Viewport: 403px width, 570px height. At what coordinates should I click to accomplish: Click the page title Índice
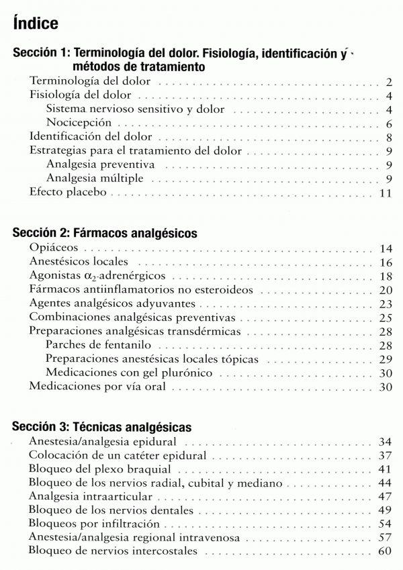coord(35,24)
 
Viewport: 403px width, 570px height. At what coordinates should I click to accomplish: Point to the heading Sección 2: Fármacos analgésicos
coord(105,234)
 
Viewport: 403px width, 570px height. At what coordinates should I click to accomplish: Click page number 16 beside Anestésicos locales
coord(385,262)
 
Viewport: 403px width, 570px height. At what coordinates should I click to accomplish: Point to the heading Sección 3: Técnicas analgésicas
coord(102,426)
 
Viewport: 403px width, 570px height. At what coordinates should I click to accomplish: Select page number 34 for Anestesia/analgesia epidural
coord(384,442)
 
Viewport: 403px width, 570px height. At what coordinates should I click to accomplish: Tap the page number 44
coord(384,483)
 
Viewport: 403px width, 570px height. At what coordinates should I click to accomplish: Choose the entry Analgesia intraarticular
coord(91,497)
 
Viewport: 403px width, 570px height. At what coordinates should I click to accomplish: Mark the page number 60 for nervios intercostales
coord(384,552)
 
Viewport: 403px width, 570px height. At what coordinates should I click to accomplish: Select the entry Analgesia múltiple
coord(94,178)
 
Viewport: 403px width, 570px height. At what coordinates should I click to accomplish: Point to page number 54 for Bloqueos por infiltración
coord(384,524)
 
